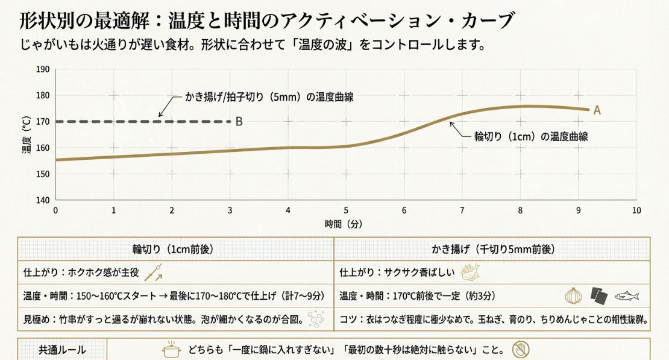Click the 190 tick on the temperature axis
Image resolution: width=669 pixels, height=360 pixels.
point(43,69)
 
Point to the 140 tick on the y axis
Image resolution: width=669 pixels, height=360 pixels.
point(43,200)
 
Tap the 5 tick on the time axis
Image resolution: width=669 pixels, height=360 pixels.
point(346,210)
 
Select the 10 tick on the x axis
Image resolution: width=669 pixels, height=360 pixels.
point(636,210)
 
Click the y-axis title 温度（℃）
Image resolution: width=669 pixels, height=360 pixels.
point(27,134)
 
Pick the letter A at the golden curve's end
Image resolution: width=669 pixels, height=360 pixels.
point(597,110)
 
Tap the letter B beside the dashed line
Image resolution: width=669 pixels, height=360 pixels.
point(239,122)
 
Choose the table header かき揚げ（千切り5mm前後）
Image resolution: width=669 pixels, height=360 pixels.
point(493,249)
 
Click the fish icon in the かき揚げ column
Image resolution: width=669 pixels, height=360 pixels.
point(626,296)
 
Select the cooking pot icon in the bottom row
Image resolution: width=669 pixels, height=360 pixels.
point(172,350)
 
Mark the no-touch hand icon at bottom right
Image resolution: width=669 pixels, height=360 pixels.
point(520,349)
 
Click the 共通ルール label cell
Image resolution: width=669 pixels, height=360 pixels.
point(62,350)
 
